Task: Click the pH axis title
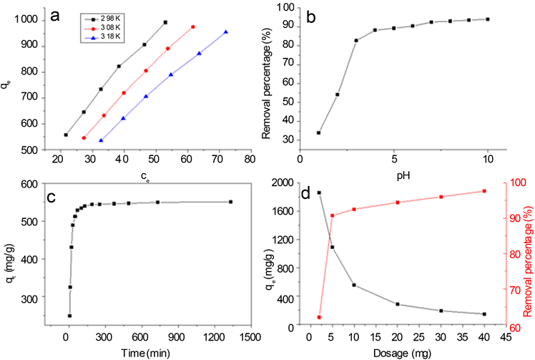(x=393, y=173)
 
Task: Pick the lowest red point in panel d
(x=319, y=317)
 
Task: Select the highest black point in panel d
(x=319, y=193)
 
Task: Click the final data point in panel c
(x=230, y=202)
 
